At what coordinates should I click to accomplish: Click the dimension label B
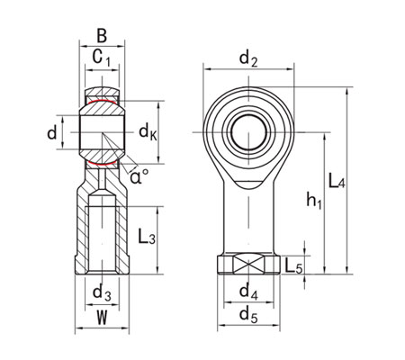102,37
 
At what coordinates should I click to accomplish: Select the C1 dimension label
103,60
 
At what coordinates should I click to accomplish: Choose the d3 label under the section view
102,292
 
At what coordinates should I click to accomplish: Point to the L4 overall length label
337,183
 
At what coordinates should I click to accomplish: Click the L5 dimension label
292,265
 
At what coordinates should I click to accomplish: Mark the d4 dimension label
247,292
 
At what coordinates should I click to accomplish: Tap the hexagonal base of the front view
247,265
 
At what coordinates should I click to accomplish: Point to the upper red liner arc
102,102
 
